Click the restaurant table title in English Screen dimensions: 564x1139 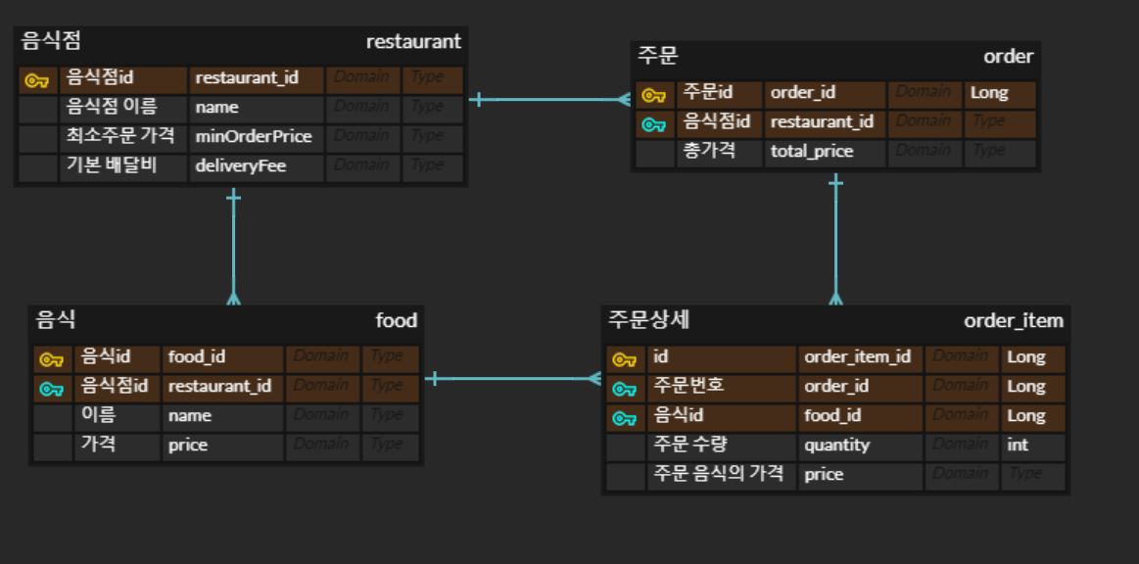point(412,42)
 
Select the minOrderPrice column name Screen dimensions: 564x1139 point(253,136)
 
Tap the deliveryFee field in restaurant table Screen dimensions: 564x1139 point(240,165)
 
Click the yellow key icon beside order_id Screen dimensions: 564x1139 point(652,95)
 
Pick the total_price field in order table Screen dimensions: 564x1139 point(811,151)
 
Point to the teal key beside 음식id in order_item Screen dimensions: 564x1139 point(624,418)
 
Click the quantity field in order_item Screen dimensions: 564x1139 point(836,445)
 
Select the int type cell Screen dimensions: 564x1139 point(1018,445)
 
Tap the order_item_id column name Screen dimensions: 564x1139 point(857,356)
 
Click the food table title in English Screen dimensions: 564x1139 point(396,320)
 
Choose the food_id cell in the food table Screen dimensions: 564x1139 point(196,356)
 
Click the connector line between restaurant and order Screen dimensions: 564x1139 point(548,99)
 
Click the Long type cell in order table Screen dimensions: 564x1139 point(988,93)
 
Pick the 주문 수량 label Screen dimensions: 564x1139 point(689,445)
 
